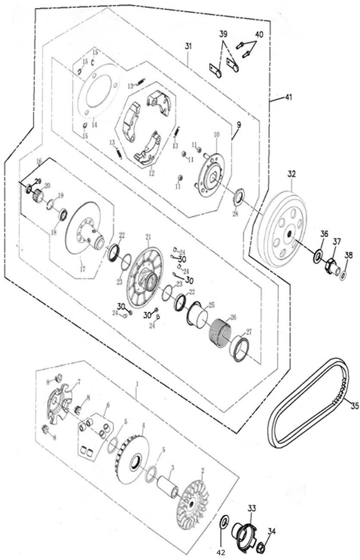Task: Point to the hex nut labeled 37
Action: (332, 266)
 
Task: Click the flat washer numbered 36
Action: (318, 256)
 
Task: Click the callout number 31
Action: (188, 46)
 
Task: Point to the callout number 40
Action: (259, 35)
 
